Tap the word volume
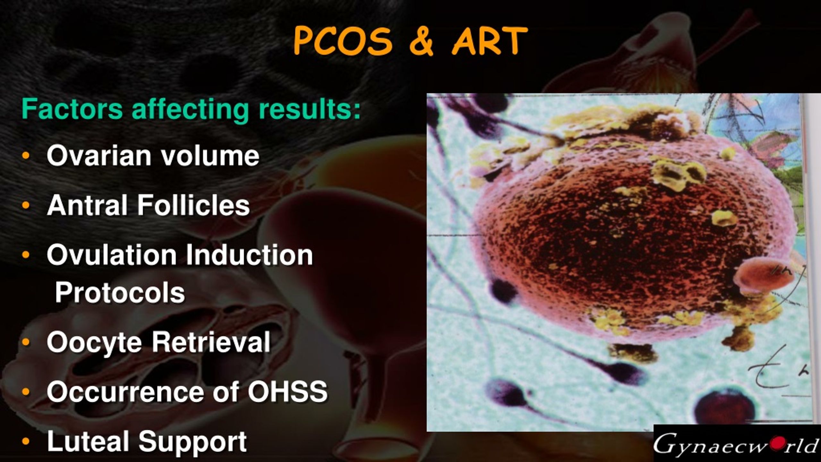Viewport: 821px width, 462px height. point(210,156)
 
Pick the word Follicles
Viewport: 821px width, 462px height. point(194,205)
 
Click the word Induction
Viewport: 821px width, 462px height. point(249,255)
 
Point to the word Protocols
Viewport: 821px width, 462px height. point(120,292)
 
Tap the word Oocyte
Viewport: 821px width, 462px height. point(94,342)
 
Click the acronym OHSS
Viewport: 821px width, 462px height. point(288,391)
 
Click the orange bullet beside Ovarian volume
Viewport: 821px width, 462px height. point(26,157)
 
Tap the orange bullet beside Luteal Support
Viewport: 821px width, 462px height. point(26,442)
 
